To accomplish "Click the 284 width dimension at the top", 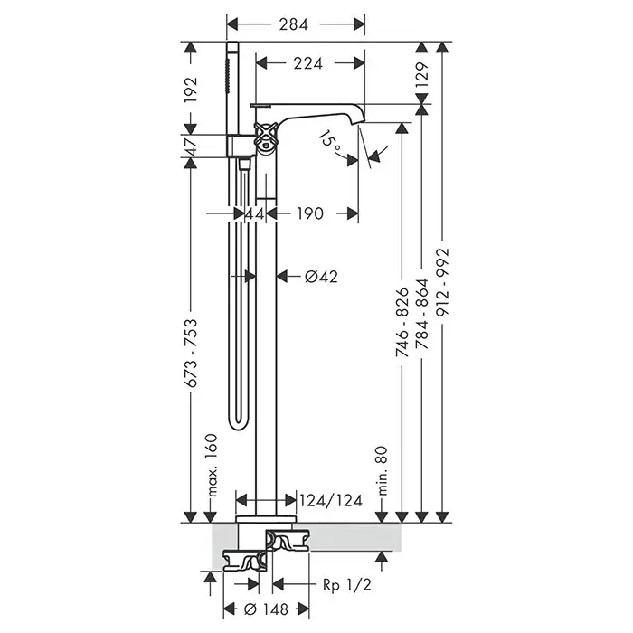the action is (x=294, y=24).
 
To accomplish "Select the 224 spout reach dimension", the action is (x=308, y=63).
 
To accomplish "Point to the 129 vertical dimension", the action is (x=421, y=75).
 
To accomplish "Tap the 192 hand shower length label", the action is (x=191, y=90).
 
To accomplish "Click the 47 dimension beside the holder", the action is (x=191, y=146).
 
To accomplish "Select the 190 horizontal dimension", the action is (x=310, y=213).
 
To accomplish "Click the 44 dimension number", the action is (x=255, y=213).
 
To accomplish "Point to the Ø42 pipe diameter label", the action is (x=321, y=277).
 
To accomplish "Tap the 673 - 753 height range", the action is (x=192, y=353).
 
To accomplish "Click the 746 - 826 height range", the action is (x=402, y=322).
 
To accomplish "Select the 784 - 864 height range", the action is (x=421, y=313).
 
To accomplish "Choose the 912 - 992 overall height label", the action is (x=443, y=282).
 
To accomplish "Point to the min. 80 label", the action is (x=382, y=471).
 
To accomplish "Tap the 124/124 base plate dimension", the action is (x=331, y=501).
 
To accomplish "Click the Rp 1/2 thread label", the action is (x=346, y=584).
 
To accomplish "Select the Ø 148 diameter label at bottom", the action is (x=267, y=609).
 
